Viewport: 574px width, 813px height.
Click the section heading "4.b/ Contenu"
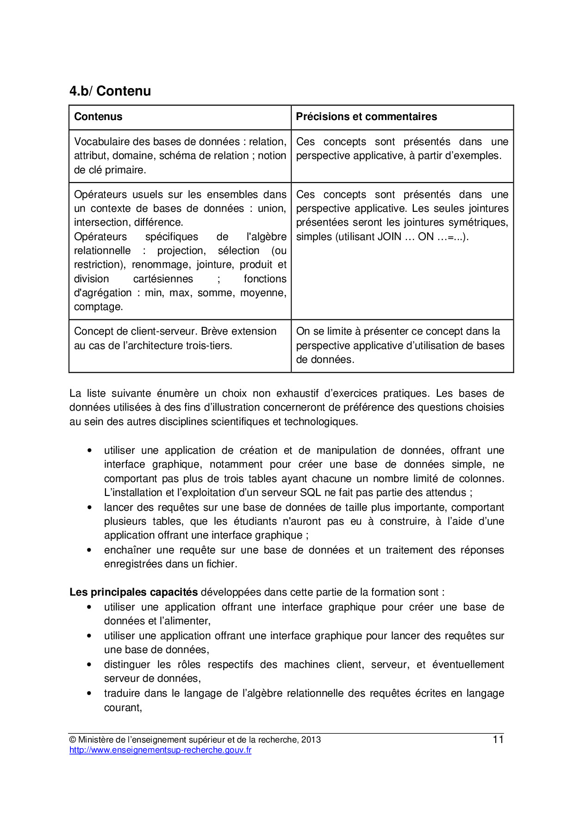[x=110, y=91]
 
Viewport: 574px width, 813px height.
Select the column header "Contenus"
[x=98, y=117]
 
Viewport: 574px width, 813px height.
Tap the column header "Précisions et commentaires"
[x=366, y=117]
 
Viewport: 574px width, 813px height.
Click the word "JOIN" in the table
[x=389, y=237]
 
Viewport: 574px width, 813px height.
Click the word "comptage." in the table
[x=99, y=307]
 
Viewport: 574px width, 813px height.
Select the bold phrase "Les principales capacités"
[x=134, y=592]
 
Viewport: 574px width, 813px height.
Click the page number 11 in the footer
[x=498, y=740]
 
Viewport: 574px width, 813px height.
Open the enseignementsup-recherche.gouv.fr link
[x=160, y=750]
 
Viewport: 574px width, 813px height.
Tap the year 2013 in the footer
[x=311, y=740]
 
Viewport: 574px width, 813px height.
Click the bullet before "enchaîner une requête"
[x=89, y=550]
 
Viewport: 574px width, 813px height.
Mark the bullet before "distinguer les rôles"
[x=89, y=665]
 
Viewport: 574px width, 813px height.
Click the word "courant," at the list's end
[x=123, y=708]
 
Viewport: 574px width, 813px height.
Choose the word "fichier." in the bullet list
[x=221, y=564]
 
